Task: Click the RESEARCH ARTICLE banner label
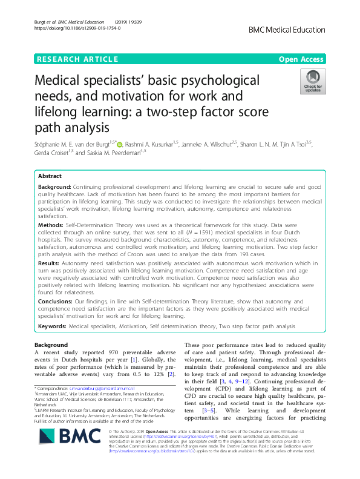(77, 59)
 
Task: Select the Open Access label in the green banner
(301, 59)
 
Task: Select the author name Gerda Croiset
(53, 154)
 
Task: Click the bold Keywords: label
(53, 326)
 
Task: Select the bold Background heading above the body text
(51, 345)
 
